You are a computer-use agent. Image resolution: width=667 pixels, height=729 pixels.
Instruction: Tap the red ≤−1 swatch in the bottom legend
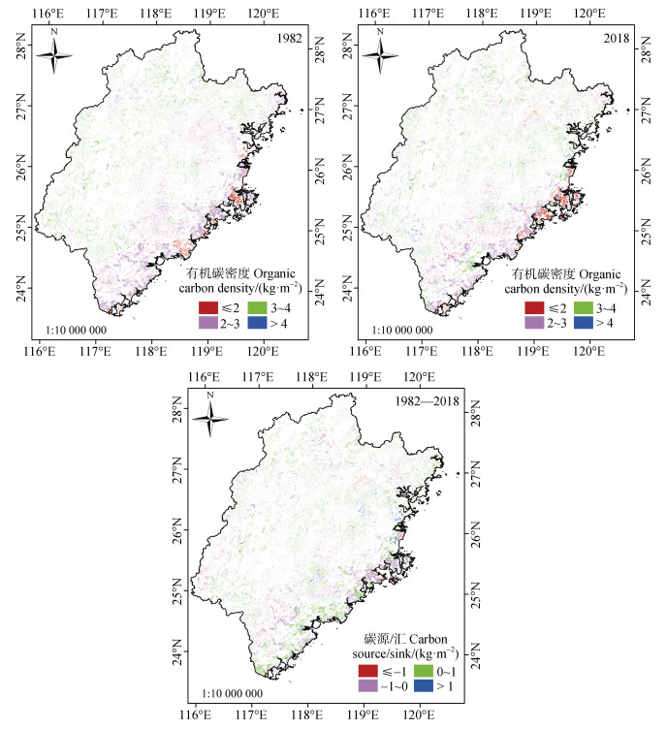[368, 670]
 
